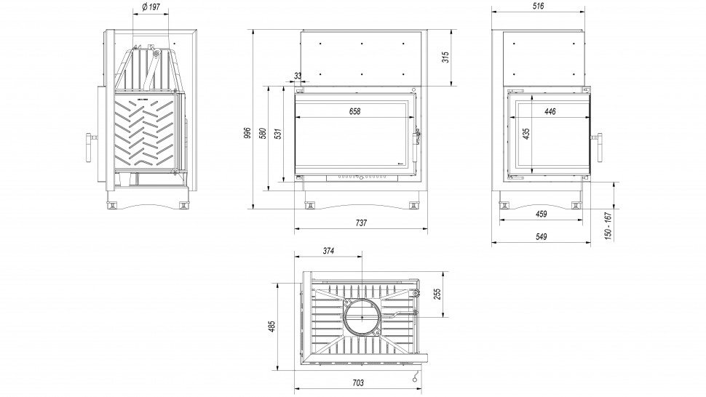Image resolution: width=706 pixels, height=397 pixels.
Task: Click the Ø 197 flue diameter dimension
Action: coord(151,8)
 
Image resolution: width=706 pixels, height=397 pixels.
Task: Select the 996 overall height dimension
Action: coord(247,132)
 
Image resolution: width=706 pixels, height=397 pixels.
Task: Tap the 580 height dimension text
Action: coord(263,134)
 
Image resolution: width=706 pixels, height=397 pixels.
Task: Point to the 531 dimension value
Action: coord(278,134)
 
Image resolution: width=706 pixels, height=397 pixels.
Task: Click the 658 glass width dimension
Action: coord(354,111)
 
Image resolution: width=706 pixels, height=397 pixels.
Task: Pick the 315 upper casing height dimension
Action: coord(445,57)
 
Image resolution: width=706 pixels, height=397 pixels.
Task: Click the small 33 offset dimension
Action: coord(298,76)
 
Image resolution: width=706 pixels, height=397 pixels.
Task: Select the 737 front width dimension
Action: coord(361,222)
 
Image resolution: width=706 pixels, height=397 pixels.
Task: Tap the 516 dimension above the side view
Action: coord(538,6)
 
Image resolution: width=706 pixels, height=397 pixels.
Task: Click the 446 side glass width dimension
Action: coord(550,111)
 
